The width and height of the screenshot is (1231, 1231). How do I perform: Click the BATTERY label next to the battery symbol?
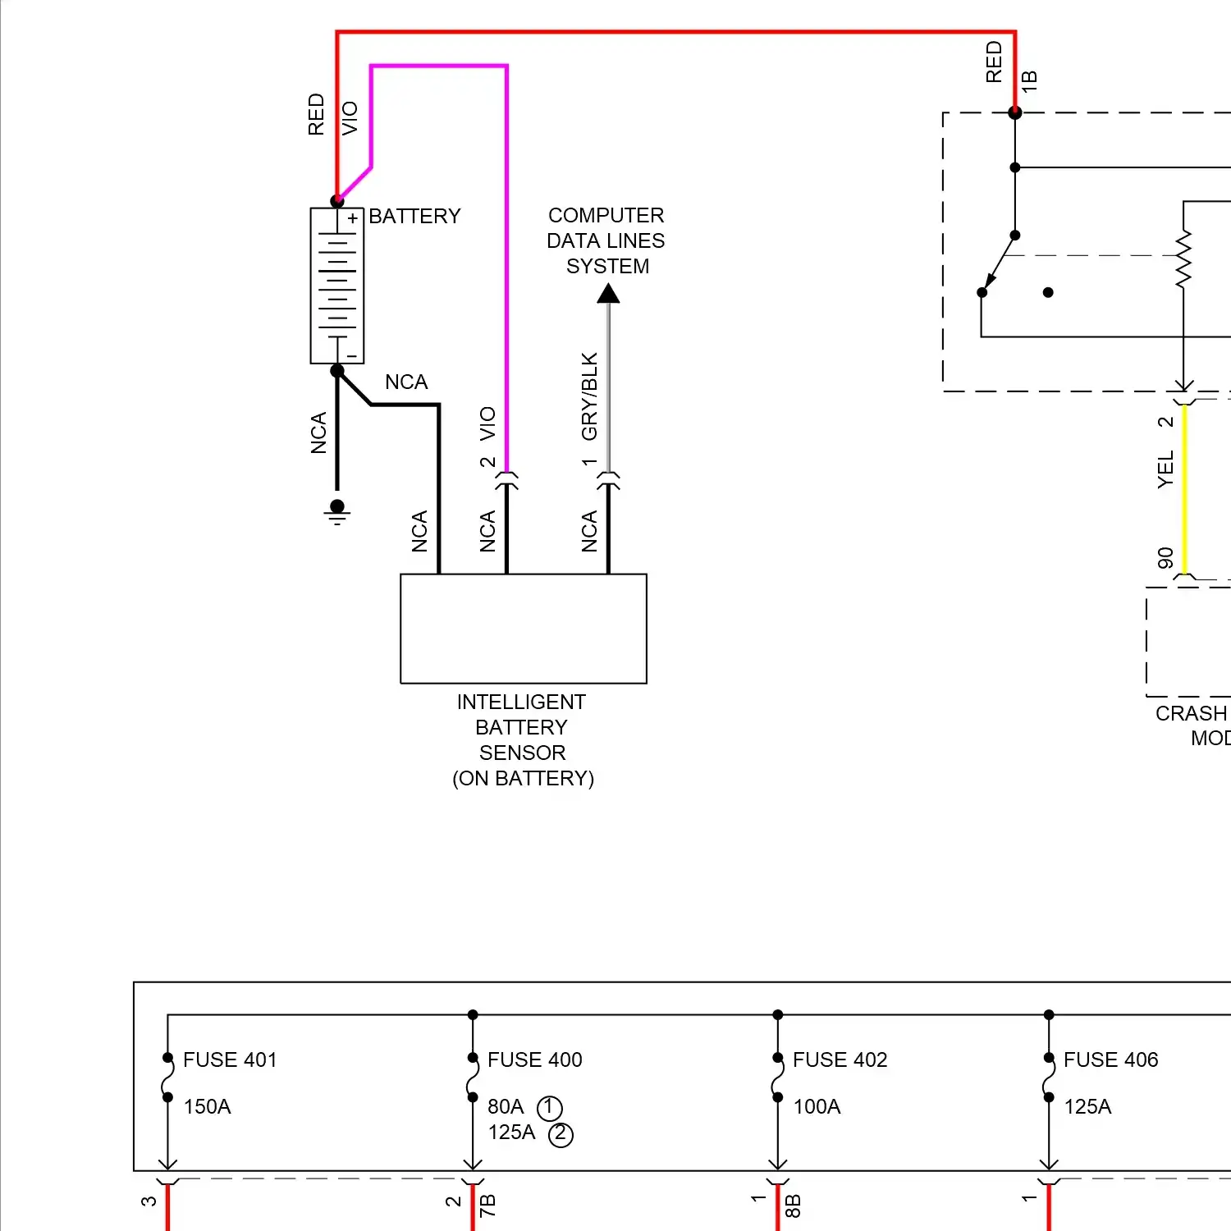[x=414, y=216]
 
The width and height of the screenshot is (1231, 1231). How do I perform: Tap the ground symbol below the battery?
[x=337, y=512]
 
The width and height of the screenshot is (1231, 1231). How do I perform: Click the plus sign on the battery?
[x=353, y=218]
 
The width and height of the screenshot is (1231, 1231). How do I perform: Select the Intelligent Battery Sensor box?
[x=523, y=629]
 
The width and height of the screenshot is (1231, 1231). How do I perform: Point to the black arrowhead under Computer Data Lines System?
[x=608, y=293]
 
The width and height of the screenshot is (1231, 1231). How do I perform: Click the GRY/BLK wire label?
[x=589, y=396]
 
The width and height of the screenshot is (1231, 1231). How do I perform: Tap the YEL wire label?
[x=1165, y=469]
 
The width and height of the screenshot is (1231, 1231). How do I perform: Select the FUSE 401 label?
[x=230, y=1059]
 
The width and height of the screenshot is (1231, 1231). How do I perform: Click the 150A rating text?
[x=207, y=1106]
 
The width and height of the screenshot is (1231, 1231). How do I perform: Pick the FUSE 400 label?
[x=534, y=1059]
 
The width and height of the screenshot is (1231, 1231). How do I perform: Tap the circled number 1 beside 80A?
[x=549, y=1108]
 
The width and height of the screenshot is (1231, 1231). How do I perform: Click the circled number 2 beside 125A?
[x=561, y=1134]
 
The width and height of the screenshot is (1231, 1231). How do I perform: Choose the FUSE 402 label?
[x=840, y=1059]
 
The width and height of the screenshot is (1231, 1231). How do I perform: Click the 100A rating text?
[x=817, y=1106]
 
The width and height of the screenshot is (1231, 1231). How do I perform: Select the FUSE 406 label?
[x=1110, y=1059]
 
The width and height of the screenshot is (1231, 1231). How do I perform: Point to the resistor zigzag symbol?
[x=1183, y=259]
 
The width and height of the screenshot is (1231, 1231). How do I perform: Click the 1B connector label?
[x=1029, y=80]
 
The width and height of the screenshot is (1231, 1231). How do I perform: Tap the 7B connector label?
[x=487, y=1205]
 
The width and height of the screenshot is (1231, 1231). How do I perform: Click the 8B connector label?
[x=792, y=1205]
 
